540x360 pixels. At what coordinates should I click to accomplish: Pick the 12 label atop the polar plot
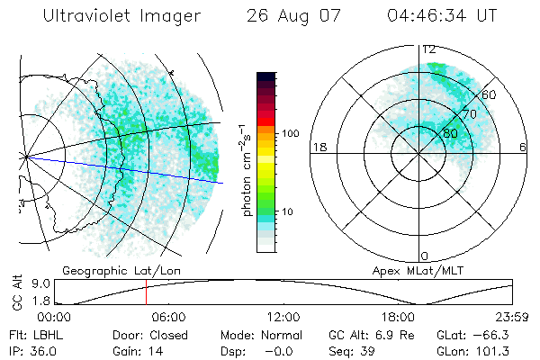point(429,49)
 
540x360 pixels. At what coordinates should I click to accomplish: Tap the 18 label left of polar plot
point(318,147)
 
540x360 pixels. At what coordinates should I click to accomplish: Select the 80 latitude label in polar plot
point(450,133)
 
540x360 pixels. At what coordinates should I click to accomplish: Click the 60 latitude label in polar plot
point(489,94)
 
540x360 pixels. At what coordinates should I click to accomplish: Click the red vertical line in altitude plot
point(146,292)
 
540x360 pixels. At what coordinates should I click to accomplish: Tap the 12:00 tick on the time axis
point(283,317)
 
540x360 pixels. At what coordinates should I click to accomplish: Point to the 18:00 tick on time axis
point(398,317)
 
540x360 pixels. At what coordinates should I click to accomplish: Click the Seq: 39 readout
point(350,350)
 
